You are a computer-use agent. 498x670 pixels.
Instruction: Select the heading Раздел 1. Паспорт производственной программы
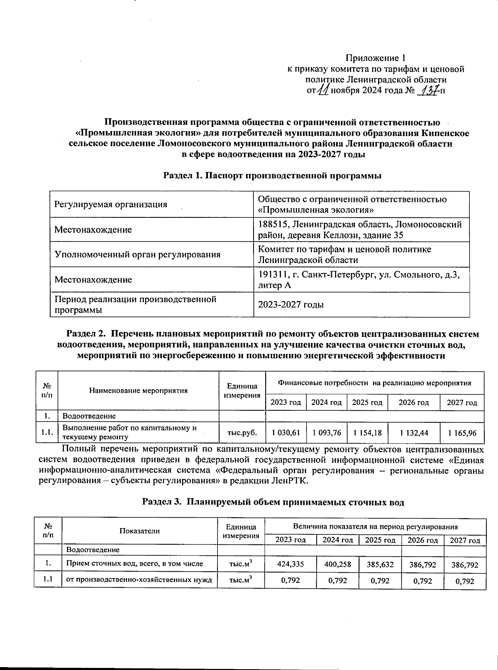(x=272, y=175)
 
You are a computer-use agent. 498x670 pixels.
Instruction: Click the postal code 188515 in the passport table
(x=272, y=225)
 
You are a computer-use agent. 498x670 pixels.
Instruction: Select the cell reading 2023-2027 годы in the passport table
(x=291, y=305)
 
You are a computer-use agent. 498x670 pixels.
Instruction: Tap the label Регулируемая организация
(x=111, y=205)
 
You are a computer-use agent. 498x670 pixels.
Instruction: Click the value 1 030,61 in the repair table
(x=286, y=433)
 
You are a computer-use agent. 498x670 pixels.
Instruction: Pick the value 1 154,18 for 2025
(x=367, y=433)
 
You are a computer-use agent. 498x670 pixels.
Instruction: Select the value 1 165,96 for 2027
(x=463, y=433)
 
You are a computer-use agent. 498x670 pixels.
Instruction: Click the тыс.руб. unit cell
(x=242, y=433)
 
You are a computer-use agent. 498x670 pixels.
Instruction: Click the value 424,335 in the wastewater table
(x=290, y=564)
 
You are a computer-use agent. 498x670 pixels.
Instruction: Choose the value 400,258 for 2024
(x=337, y=564)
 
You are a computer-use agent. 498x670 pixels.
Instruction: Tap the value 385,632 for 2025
(x=381, y=564)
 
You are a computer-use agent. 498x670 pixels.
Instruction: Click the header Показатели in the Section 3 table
(x=139, y=531)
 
